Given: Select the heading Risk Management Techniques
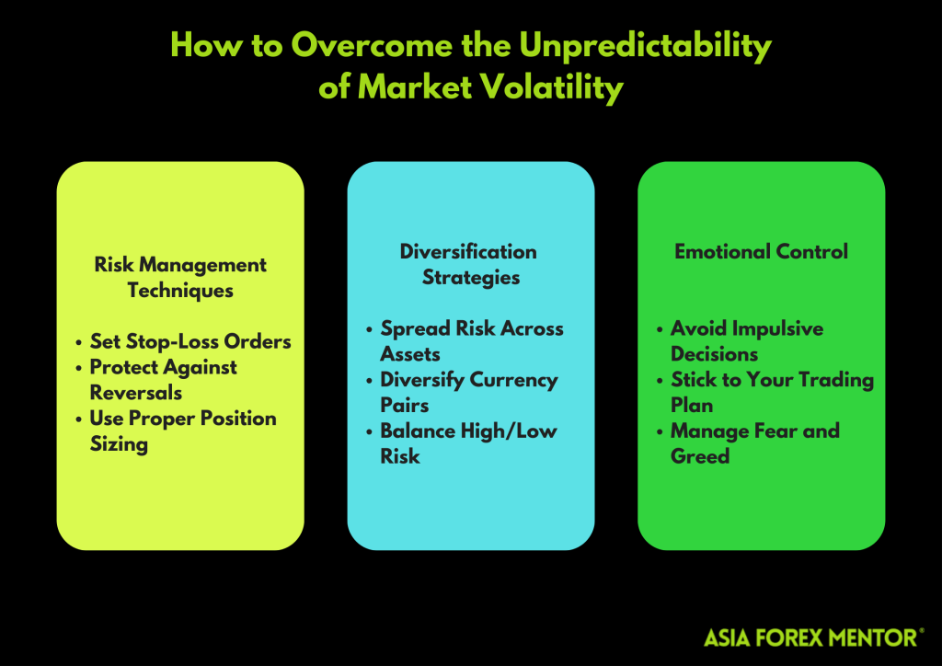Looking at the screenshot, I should click(x=180, y=277).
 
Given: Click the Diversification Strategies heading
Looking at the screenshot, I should click(x=470, y=264).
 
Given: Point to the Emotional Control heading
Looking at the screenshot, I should click(x=761, y=251).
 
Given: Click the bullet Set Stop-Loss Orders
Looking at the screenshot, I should click(x=190, y=341).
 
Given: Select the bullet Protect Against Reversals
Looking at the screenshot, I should click(x=163, y=379).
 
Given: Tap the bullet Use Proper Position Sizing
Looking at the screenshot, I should click(x=182, y=431).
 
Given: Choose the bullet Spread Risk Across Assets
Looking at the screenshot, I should click(x=471, y=340).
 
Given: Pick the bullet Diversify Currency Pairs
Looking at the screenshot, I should click(x=468, y=392).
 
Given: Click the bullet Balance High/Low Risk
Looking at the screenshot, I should click(x=467, y=443).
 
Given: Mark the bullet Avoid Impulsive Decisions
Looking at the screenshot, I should click(x=746, y=340).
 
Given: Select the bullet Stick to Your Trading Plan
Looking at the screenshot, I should click(x=771, y=392).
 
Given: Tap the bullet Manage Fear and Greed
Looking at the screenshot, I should click(x=754, y=443).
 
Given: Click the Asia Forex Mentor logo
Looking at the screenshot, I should click(x=814, y=637).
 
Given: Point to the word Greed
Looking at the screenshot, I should click(x=700, y=456).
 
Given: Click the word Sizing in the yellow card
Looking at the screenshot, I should click(x=119, y=444).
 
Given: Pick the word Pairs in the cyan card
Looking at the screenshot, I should click(x=405, y=405).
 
